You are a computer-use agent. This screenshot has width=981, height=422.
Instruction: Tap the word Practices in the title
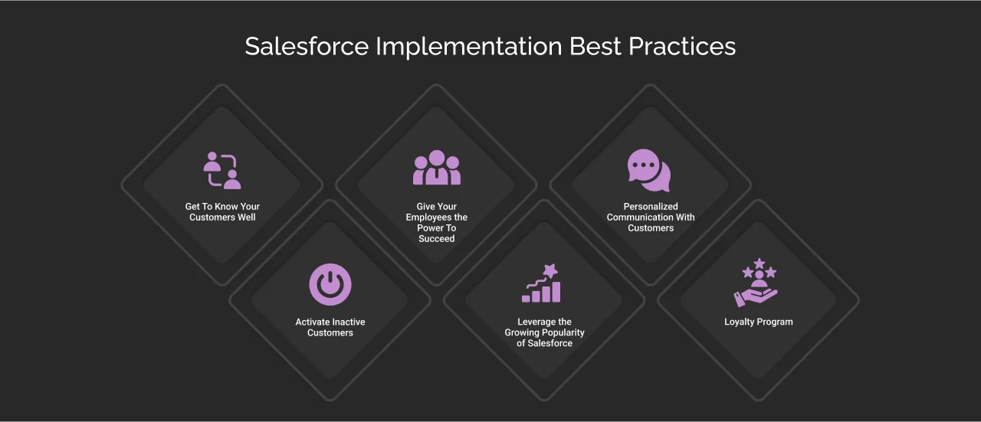[x=682, y=46]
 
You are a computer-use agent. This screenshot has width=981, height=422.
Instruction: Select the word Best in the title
[x=595, y=46]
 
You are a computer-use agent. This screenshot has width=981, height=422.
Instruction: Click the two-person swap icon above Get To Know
[x=222, y=171]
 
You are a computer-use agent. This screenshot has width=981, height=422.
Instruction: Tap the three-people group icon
[x=437, y=168]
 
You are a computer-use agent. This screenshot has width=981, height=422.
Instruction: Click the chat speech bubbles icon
[x=649, y=170]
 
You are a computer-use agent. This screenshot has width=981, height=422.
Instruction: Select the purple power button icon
[x=330, y=284]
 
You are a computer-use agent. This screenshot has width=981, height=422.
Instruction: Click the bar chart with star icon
[x=543, y=284]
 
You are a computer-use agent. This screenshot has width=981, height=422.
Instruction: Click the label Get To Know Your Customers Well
[x=222, y=212]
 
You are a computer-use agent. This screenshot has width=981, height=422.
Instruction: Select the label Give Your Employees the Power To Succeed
[x=437, y=223]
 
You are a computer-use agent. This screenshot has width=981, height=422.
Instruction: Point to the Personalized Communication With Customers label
[x=651, y=218]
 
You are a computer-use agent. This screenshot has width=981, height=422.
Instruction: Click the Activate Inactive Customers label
[x=330, y=328]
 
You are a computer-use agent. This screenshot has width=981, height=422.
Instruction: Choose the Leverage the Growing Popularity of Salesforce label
[x=544, y=333]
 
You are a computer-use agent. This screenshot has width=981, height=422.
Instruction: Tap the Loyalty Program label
[x=759, y=322]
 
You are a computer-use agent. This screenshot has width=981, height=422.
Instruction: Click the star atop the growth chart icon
[x=550, y=270]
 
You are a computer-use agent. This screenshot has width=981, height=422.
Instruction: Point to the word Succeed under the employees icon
[x=437, y=239]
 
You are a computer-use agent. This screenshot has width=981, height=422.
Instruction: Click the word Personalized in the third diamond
[x=651, y=207]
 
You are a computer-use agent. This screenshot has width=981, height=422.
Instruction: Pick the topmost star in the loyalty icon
[x=759, y=263]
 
